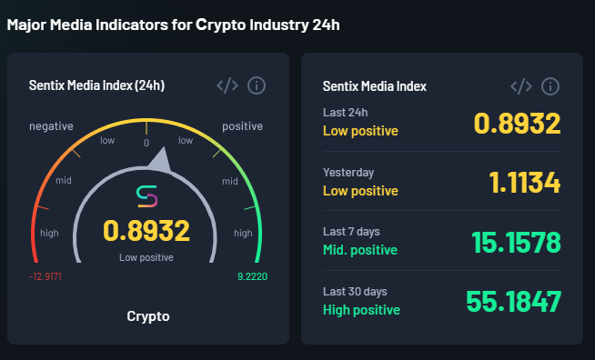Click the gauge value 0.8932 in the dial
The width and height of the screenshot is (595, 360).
click(x=146, y=231)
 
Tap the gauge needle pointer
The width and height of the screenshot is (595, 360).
click(x=160, y=162)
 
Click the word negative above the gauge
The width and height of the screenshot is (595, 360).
click(x=51, y=126)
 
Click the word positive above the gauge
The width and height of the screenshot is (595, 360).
click(x=242, y=126)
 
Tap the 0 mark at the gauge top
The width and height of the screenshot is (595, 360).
click(x=146, y=143)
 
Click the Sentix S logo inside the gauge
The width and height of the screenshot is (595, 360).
click(x=146, y=195)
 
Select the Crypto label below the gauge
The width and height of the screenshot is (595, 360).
click(x=147, y=316)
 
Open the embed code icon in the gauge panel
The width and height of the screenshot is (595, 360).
click(x=227, y=85)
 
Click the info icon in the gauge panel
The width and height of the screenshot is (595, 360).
click(x=257, y=85)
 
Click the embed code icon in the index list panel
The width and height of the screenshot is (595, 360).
click(x=521, y=86)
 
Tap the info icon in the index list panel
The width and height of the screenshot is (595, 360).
click(x=550, y=86)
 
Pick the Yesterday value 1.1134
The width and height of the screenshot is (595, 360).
click(x=524, y=184)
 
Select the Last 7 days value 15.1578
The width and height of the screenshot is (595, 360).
click(x=516, y=243)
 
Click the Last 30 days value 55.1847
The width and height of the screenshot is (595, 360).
click(x=513, y=302)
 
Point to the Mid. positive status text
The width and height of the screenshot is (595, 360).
click(x=360, y=250)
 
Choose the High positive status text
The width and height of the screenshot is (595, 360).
click(x=361, y=310)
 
